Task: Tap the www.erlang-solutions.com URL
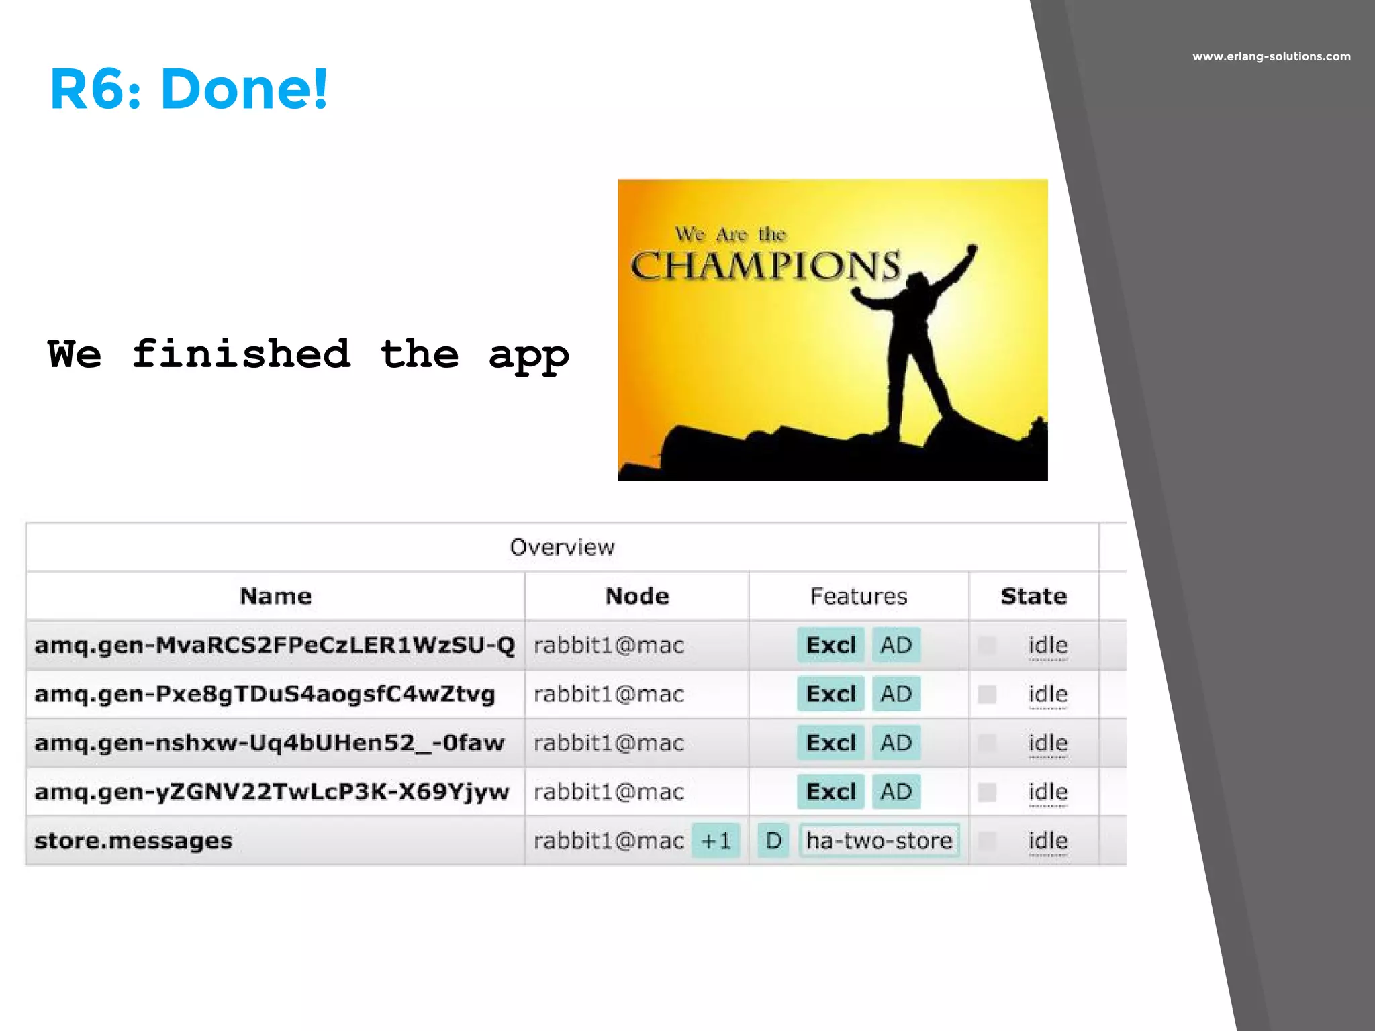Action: (1271, 56)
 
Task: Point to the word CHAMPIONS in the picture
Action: (765, 266)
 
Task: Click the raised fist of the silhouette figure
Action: (971, 250)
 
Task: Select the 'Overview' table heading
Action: (562, 547)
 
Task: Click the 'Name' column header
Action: (275, 596)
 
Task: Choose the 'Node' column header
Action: (636, 596)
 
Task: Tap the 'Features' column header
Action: (859, 596)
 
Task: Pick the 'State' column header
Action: (1033, 596)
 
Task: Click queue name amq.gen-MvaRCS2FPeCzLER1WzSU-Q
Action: (275, 645)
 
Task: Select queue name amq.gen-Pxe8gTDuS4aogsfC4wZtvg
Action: (265, 694)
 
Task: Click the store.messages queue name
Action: (134, 840)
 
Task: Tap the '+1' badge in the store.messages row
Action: (716, 840)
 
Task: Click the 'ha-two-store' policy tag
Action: (879, 840)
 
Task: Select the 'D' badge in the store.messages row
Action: (773, 840)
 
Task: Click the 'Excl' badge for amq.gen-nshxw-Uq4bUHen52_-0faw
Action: (831, 743)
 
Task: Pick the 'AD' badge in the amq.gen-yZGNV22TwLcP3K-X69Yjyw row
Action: (896, 792)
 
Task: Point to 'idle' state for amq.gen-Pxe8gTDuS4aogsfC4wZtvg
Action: (1047, 694)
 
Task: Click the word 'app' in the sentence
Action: (528, 356)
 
